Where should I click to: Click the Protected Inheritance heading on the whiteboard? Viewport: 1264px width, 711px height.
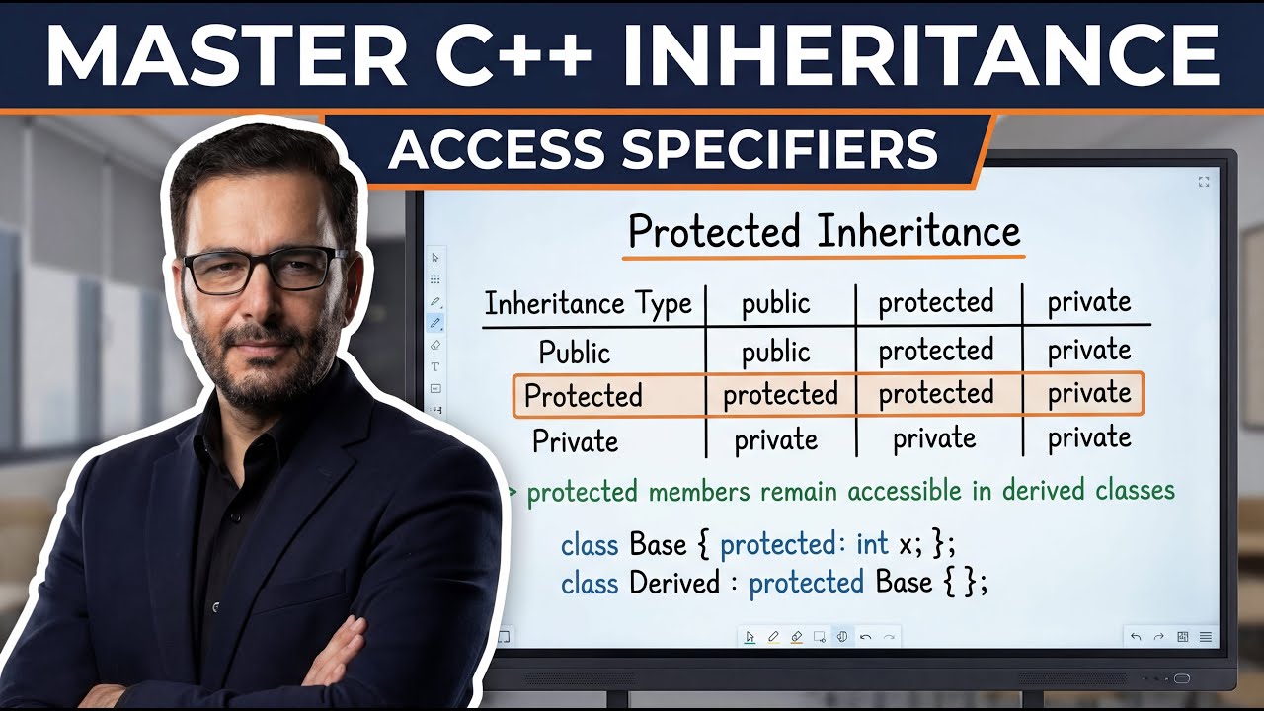824,232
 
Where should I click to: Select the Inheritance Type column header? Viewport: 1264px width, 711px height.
588,303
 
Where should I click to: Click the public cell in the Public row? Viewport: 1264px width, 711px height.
775,352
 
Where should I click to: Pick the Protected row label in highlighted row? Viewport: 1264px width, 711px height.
583,395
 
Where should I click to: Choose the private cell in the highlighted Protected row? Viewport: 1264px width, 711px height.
1089,393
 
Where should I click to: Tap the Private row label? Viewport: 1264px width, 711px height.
575,440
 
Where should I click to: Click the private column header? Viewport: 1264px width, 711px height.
1089,301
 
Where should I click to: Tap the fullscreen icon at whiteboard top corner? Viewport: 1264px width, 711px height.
1203,182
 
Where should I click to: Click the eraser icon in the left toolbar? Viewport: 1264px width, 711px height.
435,345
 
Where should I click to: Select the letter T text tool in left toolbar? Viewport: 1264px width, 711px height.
435,366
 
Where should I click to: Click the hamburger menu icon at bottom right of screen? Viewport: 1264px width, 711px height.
1205,637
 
